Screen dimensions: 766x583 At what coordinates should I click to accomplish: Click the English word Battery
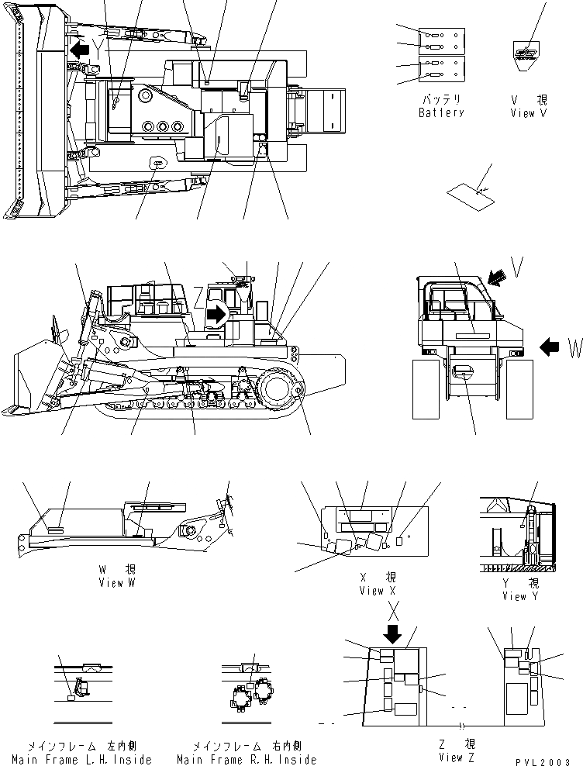click(x=441, y=113)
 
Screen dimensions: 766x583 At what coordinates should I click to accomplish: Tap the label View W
click(x=116, y=583)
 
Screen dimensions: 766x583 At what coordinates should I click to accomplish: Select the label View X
click(x=378, y=591)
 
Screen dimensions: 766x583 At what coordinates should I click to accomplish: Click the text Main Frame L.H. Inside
click(x=82, y=760)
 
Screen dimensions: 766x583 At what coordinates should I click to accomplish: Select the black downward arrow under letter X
click(x=393, y=635)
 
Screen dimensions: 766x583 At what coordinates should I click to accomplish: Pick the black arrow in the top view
click(x=78, y=50)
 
